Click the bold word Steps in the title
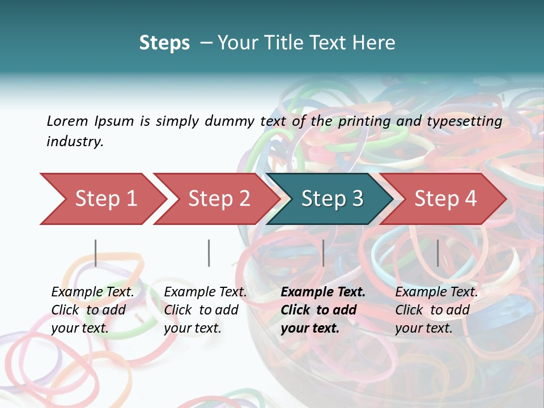point(164,42)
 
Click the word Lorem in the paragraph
point(67,121)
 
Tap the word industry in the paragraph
point(75,141)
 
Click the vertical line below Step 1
point(96,253)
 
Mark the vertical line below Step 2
point(209,253)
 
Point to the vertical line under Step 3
point(323,253)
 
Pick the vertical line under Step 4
point(437,253)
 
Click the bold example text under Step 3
point(322,310)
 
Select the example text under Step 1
point(92,310)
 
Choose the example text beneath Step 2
point(205,310)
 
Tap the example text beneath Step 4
point(436,310)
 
